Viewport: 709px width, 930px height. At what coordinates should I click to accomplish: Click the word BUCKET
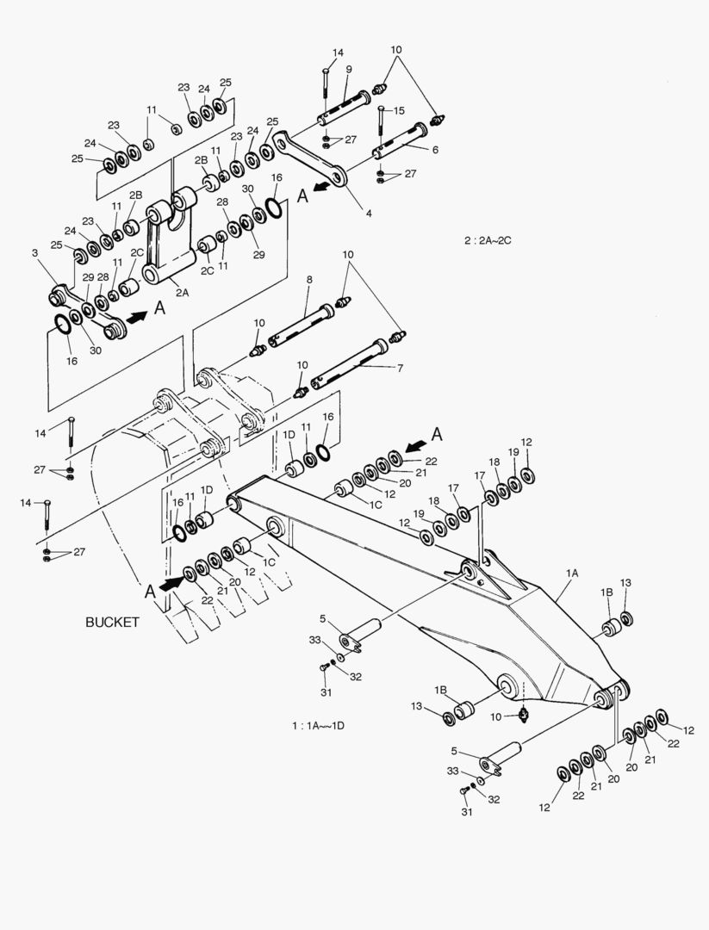pos(112,622)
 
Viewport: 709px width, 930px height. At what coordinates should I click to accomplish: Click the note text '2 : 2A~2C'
pos(488,240)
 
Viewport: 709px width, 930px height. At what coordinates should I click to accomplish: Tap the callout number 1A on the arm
pos(572,572)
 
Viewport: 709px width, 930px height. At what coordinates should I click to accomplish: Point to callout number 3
pos(35,252)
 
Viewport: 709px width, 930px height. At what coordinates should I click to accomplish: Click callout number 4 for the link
pos(368,213)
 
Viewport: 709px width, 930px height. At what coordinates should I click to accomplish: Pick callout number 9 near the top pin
pos(349,69)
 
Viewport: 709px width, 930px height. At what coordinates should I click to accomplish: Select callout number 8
pos(308,280)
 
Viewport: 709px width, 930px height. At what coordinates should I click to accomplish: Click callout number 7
pos(400,368)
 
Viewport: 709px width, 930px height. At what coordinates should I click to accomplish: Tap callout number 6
pos(435,149)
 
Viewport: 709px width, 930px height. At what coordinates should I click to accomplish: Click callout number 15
pos(399,110)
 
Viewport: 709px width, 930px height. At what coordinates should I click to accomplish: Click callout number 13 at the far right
pos(625,583)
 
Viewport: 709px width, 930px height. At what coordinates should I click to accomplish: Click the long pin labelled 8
pos(302,324)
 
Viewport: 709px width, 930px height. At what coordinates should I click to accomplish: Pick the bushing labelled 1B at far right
pos(608,624)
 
